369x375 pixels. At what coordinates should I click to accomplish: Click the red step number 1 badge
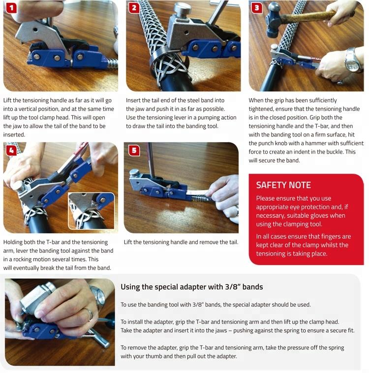(x=11, y=8)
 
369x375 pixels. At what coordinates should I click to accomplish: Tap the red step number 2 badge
(x=134, y=8)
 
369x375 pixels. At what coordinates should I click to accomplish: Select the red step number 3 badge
(x=257, y=8)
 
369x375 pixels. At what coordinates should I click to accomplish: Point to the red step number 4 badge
(x=11, y=150)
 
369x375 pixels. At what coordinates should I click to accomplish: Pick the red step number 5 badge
(x=134, y=150)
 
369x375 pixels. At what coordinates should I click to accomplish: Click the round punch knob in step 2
(x=182, y=9)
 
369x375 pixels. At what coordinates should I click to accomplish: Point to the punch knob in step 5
(x=134, y=173)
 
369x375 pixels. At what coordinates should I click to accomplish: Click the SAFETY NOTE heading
(x=283, y=185)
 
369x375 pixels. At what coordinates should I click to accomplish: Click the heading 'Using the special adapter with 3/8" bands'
(x=192, y=287)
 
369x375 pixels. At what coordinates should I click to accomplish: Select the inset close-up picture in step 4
(x=92, y=211)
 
